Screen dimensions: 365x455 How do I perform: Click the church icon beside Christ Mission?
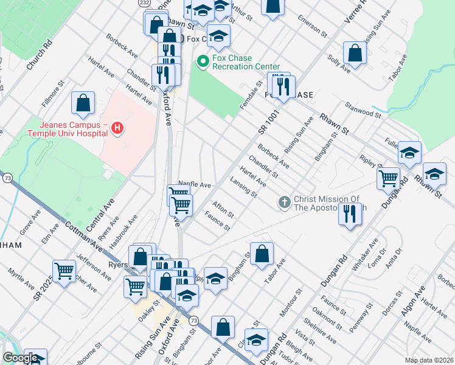(x=284, y=202)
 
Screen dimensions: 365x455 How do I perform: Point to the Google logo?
(x=19, y=358)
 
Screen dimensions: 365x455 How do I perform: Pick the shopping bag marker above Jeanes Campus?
(x=83, y=103)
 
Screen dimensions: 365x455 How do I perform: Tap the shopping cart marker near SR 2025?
(x=64, y=271)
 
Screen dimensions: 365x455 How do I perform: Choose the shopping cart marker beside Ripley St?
(x=389, y=178)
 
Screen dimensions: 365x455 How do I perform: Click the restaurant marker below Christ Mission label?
(x=349, y=214)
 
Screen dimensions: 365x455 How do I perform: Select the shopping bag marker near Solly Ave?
(x=354, y=53)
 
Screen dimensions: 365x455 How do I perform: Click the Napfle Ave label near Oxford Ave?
(x=194, y=184)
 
